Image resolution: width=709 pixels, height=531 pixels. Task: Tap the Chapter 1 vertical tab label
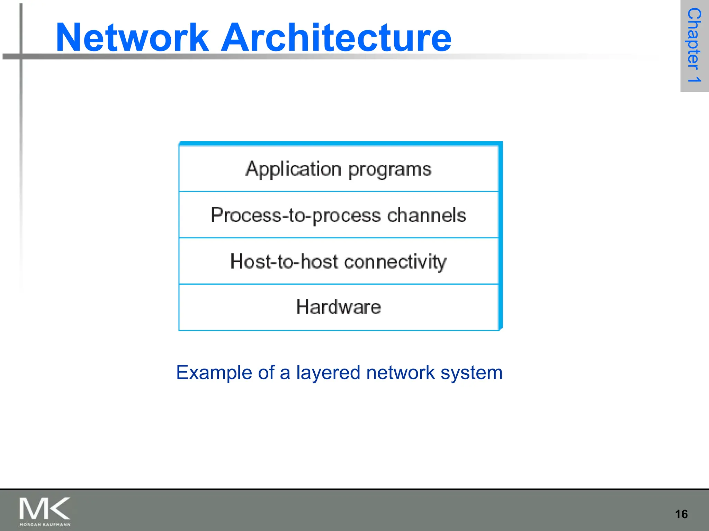694,45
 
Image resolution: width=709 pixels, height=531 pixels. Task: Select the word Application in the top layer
294,169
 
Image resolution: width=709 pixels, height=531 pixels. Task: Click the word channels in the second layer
427,215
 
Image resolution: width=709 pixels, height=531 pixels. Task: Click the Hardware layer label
338,307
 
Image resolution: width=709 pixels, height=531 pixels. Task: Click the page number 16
681,514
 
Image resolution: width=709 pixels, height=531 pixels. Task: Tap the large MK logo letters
44,508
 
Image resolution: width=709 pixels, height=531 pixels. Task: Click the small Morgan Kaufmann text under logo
45,524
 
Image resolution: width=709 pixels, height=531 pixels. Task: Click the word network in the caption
400,373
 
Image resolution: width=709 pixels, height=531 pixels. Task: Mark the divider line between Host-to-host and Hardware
338,284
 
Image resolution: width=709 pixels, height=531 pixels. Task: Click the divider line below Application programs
338,191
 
